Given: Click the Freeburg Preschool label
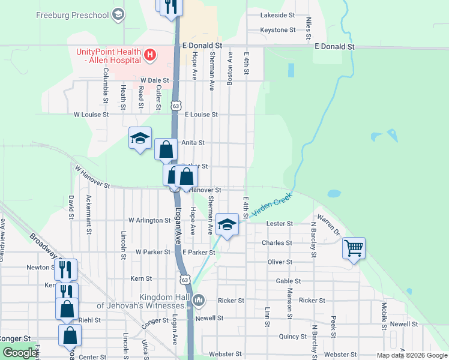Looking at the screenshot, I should (x=72, y=14).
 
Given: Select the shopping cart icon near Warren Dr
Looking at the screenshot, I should (x=354, y=247).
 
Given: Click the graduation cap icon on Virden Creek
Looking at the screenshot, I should (x=227, y=224).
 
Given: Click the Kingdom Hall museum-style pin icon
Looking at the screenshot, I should (x=199, y=299).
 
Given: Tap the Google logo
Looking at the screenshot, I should (x=19, y=353).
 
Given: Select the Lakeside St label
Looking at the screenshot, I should (x=278, y=14).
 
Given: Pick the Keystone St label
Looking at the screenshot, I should (x=278, y=29).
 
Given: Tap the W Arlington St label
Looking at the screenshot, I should (x=149, y=220).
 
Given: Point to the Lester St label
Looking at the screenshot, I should (x=279, y=223).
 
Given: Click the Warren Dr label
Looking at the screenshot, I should (x=328, y=224).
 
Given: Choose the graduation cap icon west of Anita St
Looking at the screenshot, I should (x=140, y=139).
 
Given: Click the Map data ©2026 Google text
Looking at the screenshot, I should (x=412, y=355).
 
